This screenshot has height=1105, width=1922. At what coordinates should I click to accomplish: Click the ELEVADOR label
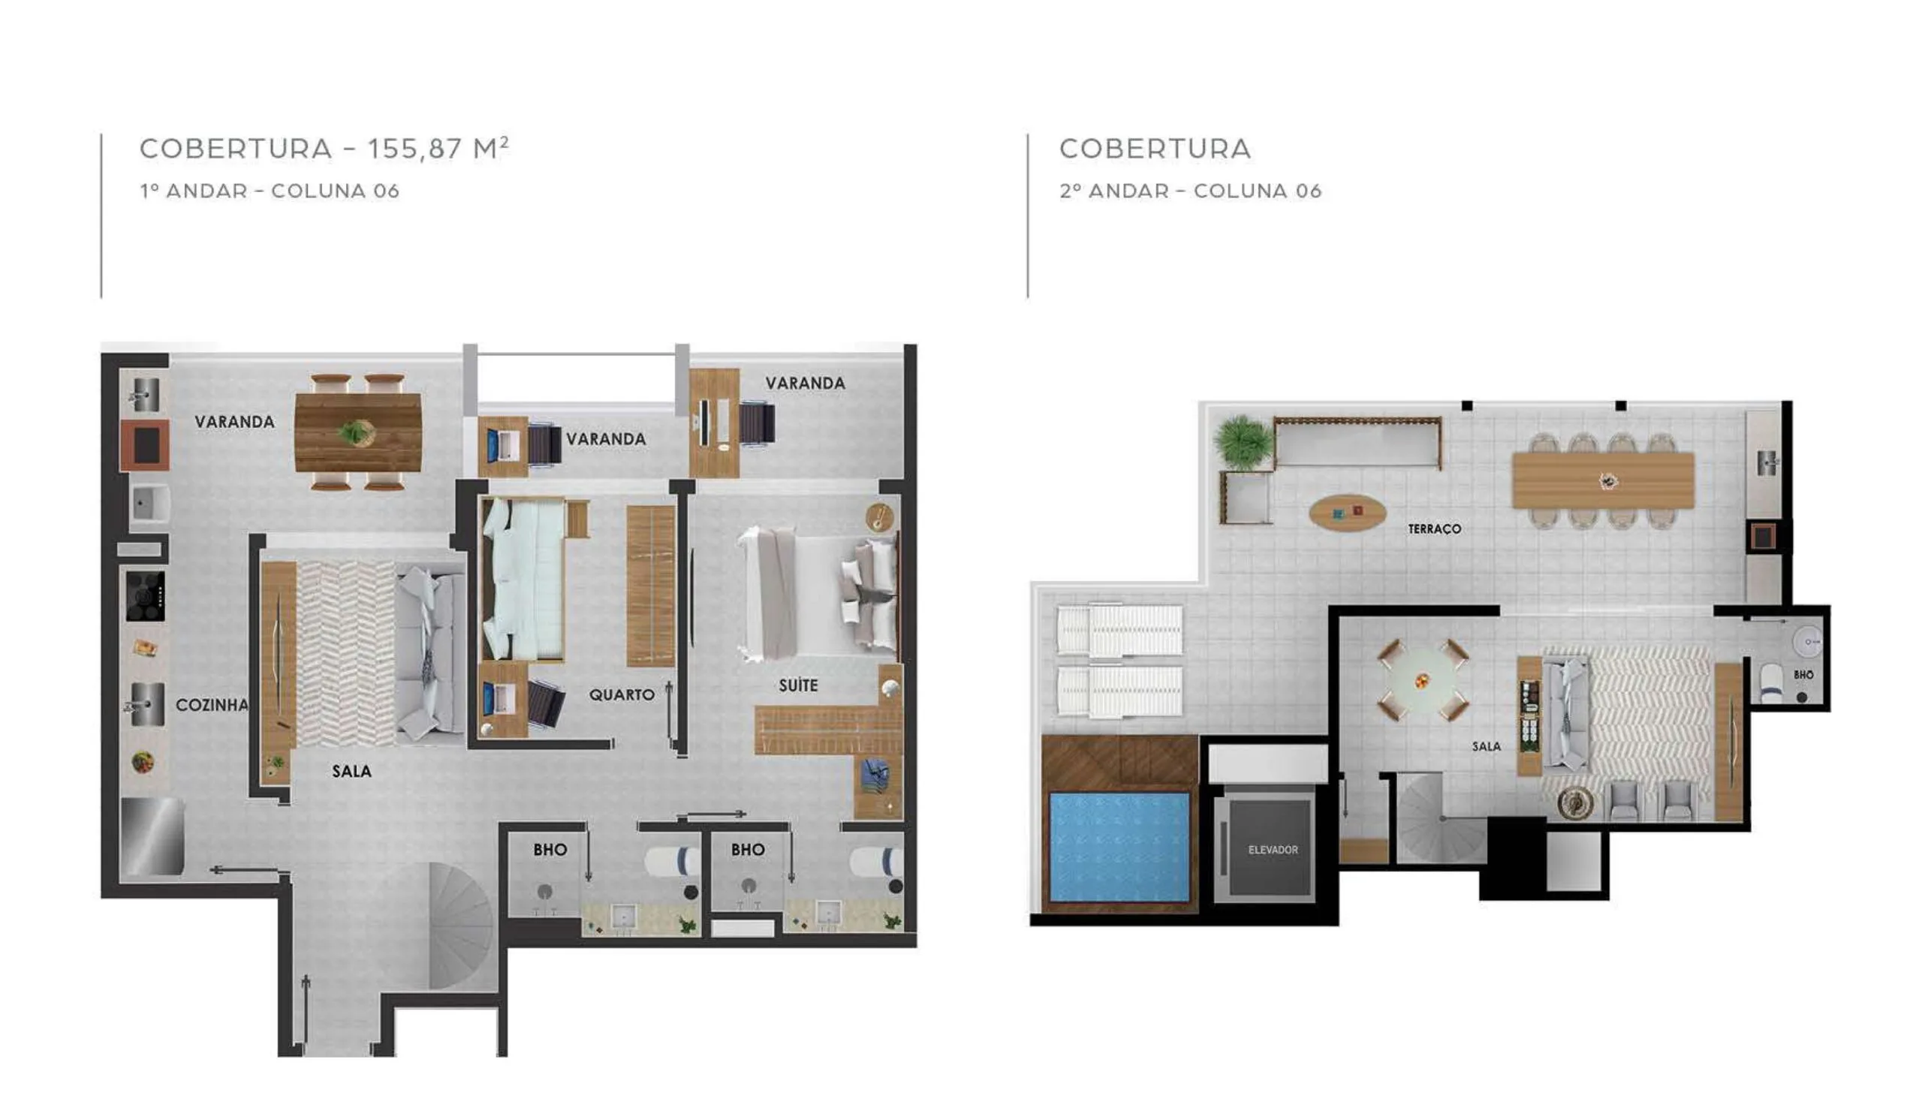coord(1273,850)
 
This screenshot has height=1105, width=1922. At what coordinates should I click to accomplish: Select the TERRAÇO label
coord(1434,529)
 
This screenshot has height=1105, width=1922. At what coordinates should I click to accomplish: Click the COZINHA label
coord(212,705)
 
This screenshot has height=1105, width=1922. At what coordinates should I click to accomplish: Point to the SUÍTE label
coord(798,685)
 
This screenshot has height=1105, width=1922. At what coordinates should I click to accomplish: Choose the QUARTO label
coord(622,694)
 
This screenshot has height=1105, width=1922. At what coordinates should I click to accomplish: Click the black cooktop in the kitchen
coord(145,596)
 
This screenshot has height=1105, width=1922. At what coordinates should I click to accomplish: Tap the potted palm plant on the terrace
coord(1243,441)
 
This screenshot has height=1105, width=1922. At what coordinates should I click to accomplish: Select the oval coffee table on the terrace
coord(1347,513)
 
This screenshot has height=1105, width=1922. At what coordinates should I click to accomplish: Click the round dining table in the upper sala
coord(1422,680)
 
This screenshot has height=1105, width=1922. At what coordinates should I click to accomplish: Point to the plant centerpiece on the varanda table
coord(354,432)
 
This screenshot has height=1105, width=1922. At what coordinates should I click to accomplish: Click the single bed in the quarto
coord(523,578)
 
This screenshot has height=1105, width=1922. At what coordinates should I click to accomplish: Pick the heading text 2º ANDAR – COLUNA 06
coord(1191,191)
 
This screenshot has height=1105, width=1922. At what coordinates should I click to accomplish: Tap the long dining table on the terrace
coord(1604,480)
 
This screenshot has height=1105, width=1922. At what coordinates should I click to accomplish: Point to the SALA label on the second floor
coord(1486,747)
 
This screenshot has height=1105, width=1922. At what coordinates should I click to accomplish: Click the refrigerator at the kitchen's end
coord(152,836)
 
